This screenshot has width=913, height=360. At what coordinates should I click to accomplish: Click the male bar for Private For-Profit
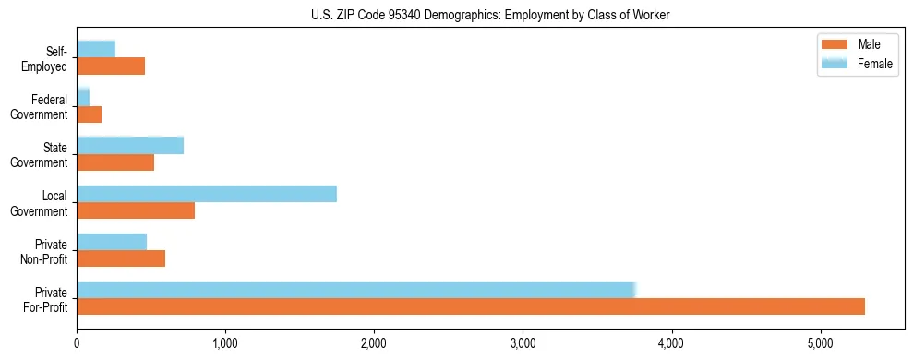pyautogui.click(x=471, y=306)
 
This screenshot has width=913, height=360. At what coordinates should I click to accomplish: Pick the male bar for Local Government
pyautogui.click(x=136, y=210)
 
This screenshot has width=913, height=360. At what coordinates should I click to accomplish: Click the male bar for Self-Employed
pyautogui.click(x=111, y=66)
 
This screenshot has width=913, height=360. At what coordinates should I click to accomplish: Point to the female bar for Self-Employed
pyautogui.click(x=96, y=49)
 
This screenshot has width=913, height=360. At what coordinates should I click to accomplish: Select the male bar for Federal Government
pyautogui.click(x=89, y=114)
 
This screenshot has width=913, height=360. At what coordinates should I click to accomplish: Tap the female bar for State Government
pyautogui.click(x=130, y=145)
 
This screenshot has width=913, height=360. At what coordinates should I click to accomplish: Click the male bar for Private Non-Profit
pyautogui.click(x=121, y=258)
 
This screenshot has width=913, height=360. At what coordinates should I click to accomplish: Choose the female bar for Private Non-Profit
pyautogui.click(x=112, y=242)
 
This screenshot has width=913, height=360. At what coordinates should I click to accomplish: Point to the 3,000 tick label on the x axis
pyautogui.click(x=523, y=343)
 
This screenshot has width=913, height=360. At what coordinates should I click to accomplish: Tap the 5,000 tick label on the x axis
pyautogui.click(x=821, y=343)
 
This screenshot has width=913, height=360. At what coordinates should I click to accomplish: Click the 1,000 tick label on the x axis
pyautogui.click(x=225, y=343)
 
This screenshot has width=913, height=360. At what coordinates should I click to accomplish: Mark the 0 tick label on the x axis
pyautogui.click(x=77, y=343)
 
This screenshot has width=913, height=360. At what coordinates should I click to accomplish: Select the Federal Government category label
pyautogui.click(x=40, y=107)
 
